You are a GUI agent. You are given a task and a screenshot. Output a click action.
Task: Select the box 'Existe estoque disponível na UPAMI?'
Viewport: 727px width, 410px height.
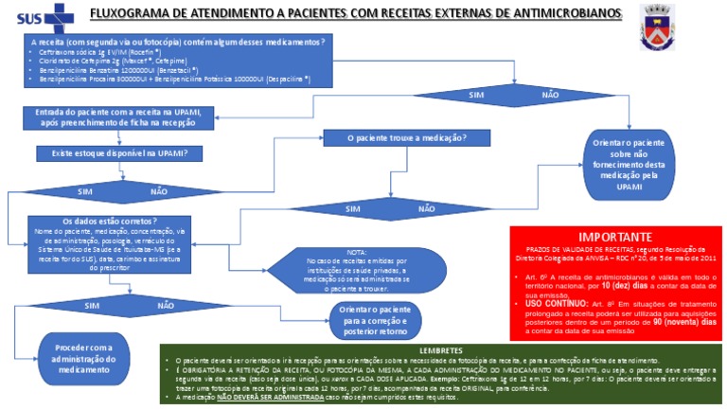coord(111,152)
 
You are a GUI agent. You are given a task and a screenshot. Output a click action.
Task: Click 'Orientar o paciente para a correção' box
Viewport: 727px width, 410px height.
coord(356,320)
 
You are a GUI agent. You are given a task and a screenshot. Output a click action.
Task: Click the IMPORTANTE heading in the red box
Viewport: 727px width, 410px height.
coord(615,236)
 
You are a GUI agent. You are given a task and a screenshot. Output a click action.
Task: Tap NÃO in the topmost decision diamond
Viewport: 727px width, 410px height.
coord(549,95)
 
